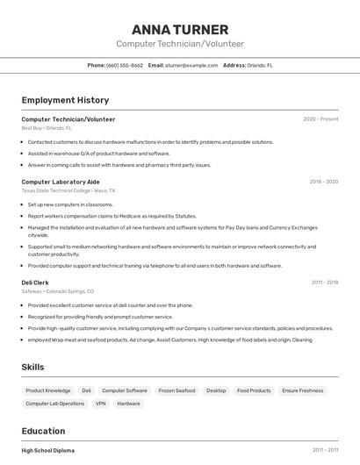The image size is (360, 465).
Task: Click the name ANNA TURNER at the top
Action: click(x=180, y=29)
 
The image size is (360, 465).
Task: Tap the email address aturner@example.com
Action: click(x=191, y=65)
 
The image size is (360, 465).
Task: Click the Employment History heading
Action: click(x=65, y=100)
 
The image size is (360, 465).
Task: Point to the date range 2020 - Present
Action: click(x=320, y=118)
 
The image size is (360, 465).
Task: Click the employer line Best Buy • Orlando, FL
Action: click(x=47, y=128)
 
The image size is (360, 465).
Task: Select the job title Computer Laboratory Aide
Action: click(x=61, y=182)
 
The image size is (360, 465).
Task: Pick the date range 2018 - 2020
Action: click(x=323, y=182)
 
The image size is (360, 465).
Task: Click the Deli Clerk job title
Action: click(x=36, y=283)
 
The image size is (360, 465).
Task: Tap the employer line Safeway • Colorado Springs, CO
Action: click(x=57, y=291)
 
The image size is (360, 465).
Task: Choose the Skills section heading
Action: click(x=32, y=367)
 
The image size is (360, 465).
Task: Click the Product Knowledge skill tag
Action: click(x=48, y=390)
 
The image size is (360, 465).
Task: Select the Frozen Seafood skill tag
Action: click(x=176, y=390)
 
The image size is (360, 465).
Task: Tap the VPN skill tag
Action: click(x=101, y=404)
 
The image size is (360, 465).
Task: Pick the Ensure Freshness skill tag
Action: click(x=303, y=390)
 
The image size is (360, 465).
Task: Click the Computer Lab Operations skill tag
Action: click(x=55, y=404)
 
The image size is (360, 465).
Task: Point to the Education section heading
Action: click(x=43, y=431)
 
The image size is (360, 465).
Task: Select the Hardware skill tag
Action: click(x=128, y=404)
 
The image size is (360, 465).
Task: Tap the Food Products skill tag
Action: click(x=254, y=390)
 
